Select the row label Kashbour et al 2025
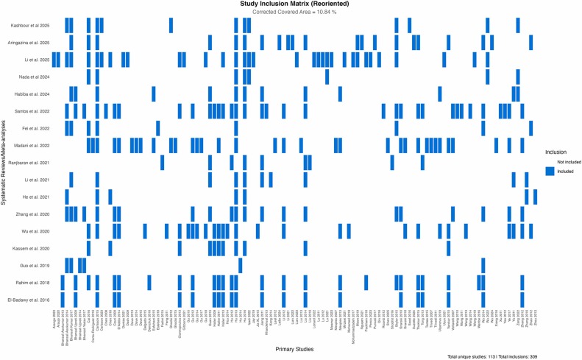click(x=32, y=26)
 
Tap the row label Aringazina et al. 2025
click(x=30, y=43)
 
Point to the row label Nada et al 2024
click(x=35, y=77)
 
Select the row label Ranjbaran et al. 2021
click(x=30, y=162)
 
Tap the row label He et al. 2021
click(x=37, y=197)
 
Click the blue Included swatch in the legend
click(x=550, y=171)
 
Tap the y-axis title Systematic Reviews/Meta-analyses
click(x=4, y=162)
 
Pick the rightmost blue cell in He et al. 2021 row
click(x=535, y=197)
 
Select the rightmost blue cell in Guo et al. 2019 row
click(x=483, y=265)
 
